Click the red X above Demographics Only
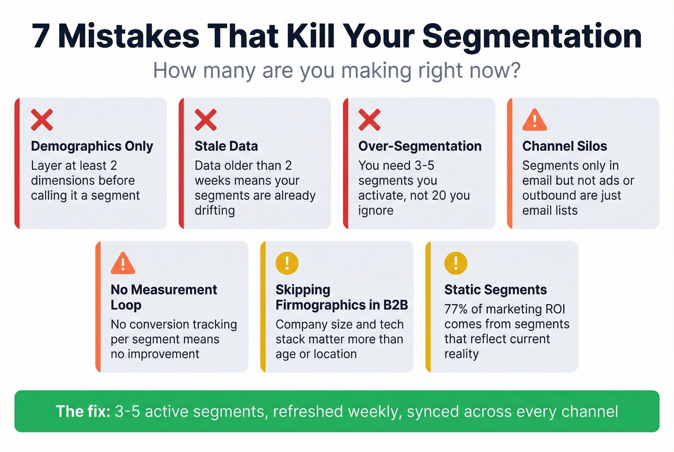42,119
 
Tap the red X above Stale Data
206,119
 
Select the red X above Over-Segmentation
369,119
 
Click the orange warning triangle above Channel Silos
534,120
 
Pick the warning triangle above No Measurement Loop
123,263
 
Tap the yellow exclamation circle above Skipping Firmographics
287,263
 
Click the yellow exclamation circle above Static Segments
455,263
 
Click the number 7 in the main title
41,37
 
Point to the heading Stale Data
226,146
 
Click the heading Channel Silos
564,146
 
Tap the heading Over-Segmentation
419,146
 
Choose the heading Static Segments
495,290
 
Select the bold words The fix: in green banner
83,412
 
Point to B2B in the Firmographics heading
395,305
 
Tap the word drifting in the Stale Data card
215,211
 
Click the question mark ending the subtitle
516,71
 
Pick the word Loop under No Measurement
126,305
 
